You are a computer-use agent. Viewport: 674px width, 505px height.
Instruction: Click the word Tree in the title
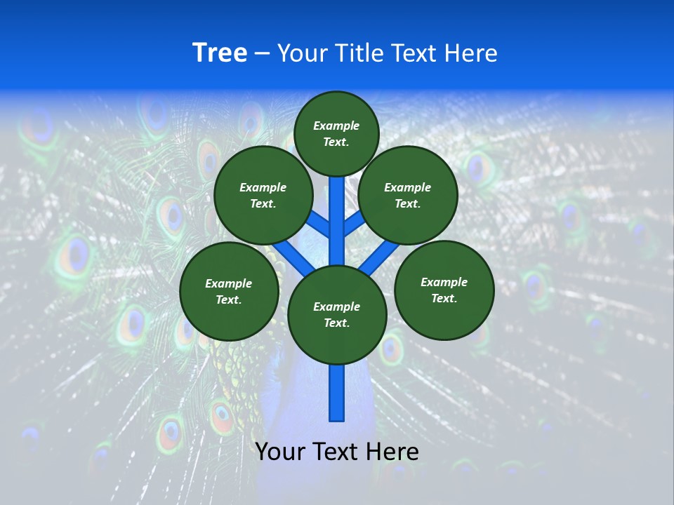tap(220, 53)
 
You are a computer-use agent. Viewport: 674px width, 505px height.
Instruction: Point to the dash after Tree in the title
tap(262, 54)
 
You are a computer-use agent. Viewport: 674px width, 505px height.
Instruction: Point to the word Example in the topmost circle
tap(336, 126)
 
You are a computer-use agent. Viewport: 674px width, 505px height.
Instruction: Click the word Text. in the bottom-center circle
tap(336, 323)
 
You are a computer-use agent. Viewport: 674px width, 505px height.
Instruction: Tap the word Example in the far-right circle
tap(444, 282)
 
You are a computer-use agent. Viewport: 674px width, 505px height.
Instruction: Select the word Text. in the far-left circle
tap(228, 300)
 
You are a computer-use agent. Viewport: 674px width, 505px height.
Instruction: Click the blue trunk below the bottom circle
tap(337, 393)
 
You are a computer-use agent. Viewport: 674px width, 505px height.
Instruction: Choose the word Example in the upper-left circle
tap(263, 187)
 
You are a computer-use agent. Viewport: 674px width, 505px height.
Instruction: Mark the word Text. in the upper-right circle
tap(407, 204)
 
